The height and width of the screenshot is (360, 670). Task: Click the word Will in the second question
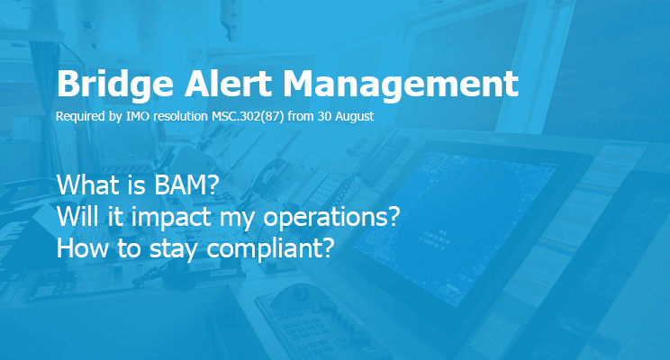77,216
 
